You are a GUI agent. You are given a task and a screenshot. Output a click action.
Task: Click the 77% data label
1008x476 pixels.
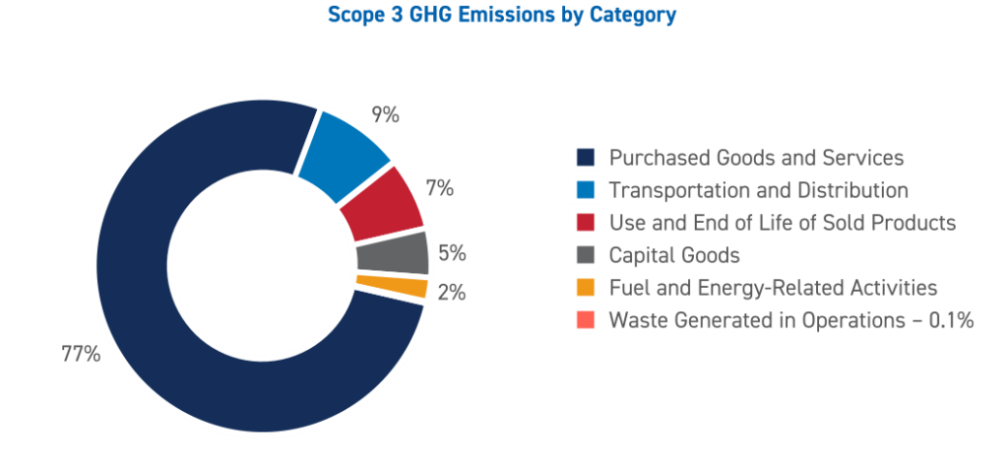81,355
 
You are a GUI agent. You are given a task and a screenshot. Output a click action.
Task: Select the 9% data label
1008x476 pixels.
385,115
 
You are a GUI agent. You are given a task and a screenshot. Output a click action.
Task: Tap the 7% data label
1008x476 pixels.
439,187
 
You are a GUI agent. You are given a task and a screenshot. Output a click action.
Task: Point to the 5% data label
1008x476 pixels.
452,253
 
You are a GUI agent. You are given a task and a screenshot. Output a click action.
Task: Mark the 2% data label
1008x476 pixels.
452,293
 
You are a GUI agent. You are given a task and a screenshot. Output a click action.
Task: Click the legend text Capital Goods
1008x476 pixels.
674,255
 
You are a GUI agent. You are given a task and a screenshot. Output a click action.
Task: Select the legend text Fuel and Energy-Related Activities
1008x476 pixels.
773,288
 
